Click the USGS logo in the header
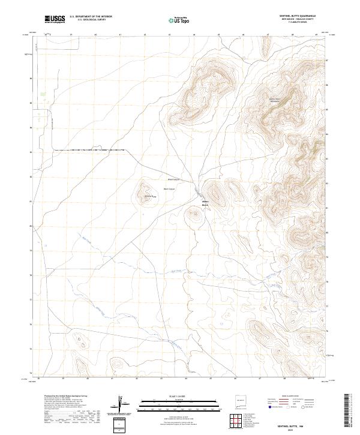(x=55, y=19)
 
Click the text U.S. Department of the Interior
(x=91, y=16)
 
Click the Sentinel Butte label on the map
(x=149, y=196)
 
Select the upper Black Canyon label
(x=173, y=179)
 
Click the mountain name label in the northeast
(x=274, y=100)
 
